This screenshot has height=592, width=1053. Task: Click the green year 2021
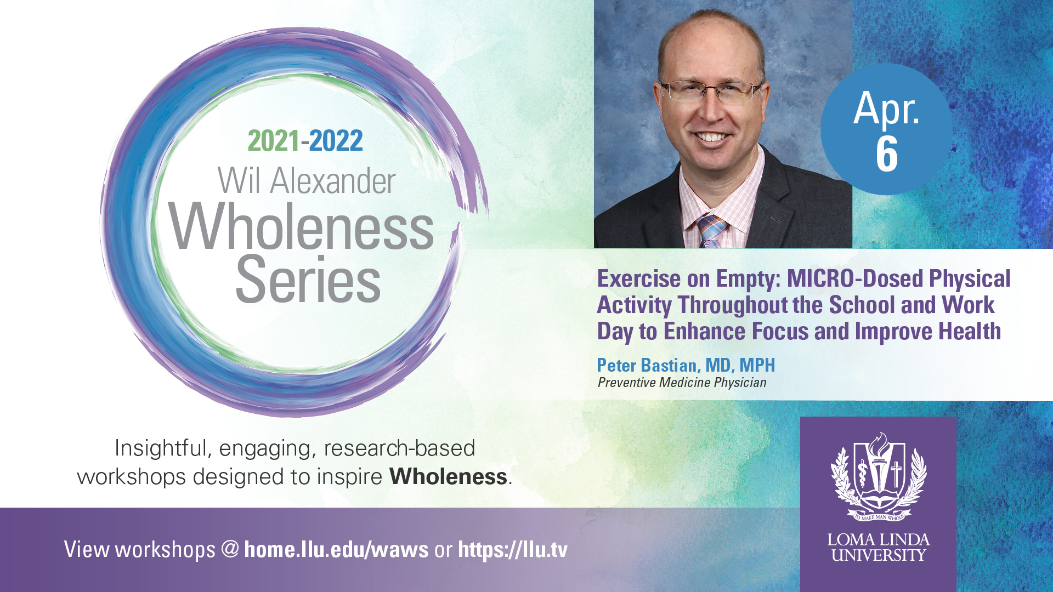(274, 141)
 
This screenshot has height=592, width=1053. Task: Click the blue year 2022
(336, 141)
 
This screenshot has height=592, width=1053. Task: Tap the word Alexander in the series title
(333, 181)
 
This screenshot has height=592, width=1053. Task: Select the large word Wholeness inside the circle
(301, 227)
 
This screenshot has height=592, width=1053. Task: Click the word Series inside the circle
(308, 279)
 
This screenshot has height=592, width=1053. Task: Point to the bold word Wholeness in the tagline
(448, 476)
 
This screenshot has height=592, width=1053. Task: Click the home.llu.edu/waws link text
(336, 549)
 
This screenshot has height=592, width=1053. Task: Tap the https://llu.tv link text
(513, 549)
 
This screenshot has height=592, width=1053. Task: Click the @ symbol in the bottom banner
(230, 549)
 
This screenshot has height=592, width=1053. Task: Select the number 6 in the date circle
(887, 155)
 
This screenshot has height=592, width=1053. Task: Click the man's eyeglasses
(711, 91)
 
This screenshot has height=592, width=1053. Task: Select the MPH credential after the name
(757, 365)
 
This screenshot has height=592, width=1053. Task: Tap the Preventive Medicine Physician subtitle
(682, 383)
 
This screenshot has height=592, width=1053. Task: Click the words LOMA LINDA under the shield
(879, 540)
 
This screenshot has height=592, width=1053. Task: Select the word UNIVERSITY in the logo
(879, 555)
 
